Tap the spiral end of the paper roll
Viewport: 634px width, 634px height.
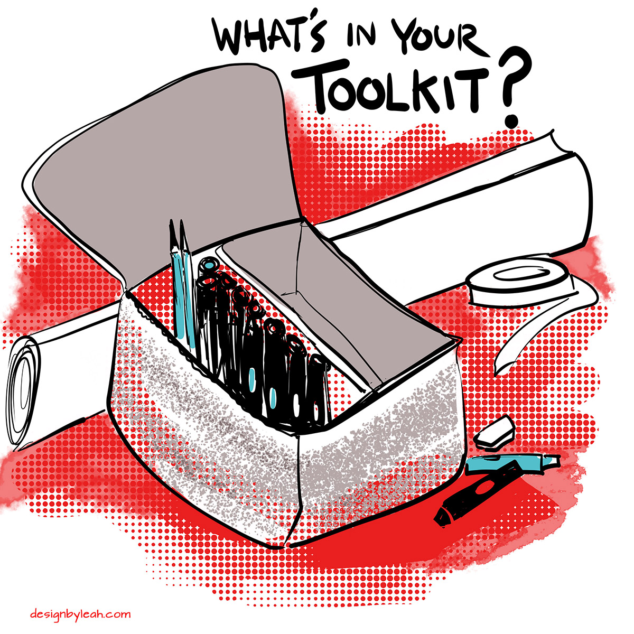pos(23,391)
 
